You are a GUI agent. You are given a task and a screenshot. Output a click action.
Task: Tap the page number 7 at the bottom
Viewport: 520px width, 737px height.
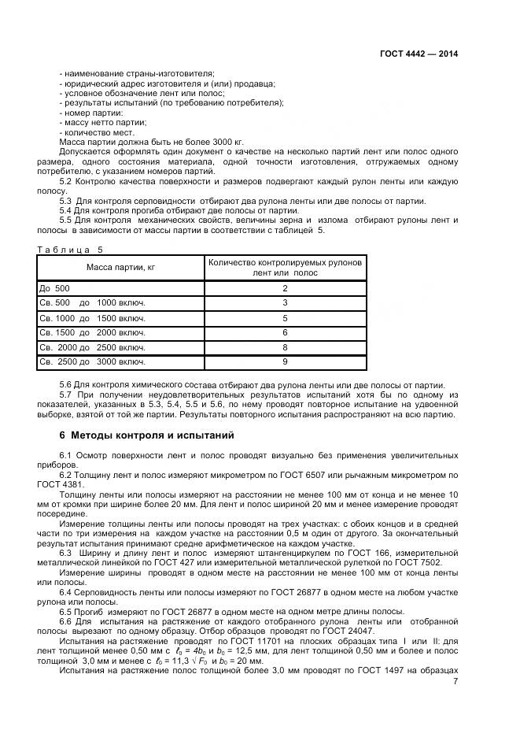click(455, 681)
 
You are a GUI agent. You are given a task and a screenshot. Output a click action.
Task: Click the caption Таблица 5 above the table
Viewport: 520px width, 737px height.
click(70, 249)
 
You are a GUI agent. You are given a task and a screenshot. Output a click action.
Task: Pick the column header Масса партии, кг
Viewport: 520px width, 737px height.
click(120, 268)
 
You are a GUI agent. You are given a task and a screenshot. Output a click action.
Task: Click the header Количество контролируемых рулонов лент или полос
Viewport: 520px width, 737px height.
click(285, 268)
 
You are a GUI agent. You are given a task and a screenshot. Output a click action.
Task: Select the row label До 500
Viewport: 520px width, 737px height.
click(54, 288)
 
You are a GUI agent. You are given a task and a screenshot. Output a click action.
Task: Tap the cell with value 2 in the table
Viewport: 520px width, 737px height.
click(285, 288)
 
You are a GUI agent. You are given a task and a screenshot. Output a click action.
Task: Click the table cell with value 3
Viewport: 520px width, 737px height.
click(285, 303)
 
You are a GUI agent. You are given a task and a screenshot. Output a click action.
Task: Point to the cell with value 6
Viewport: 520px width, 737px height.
click(285, 332)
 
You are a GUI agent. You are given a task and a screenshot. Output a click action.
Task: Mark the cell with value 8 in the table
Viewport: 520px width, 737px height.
click(285, 347)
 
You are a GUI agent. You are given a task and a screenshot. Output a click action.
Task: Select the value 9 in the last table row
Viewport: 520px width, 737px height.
click(285, 362)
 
